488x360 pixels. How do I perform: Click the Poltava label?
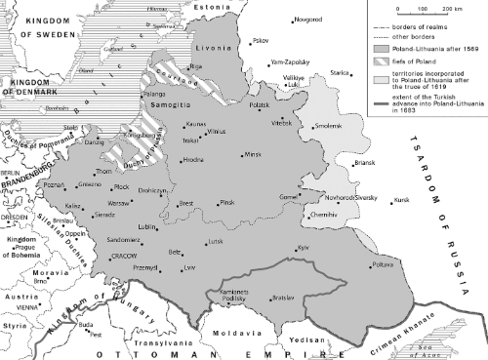[x=385, y=265]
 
